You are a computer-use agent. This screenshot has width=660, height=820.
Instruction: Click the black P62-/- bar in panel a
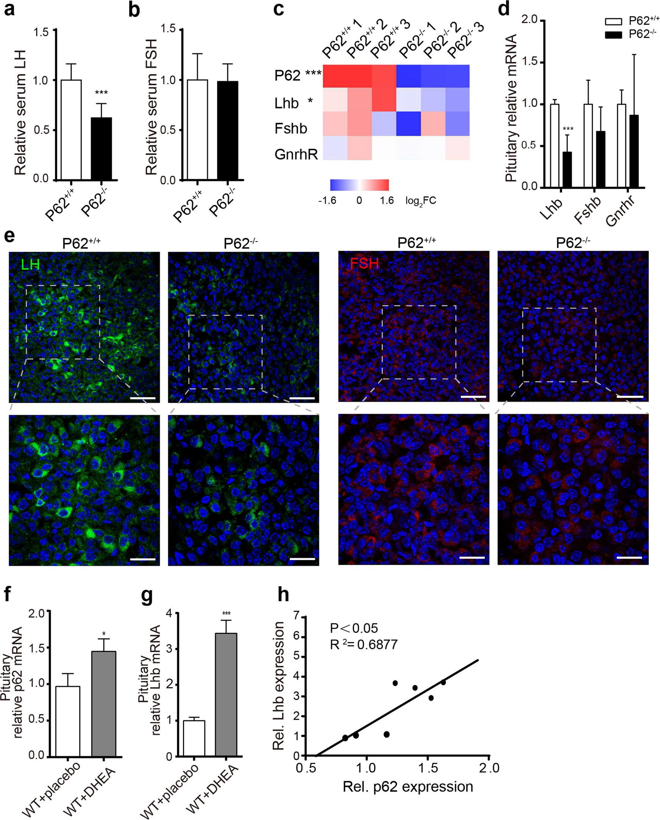tap(101, 148)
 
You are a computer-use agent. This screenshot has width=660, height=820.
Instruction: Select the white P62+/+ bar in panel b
tap(197, 129)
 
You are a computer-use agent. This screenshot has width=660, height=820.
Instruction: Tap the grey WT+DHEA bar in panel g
tap(226, 695)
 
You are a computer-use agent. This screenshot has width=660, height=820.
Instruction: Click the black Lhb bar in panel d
tap(567, 169)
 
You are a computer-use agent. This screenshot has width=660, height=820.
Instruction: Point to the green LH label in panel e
tap(30, 264)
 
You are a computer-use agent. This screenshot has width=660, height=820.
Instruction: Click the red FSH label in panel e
tap(364, 263)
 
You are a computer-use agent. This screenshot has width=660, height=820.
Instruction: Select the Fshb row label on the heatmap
tap(291, 128)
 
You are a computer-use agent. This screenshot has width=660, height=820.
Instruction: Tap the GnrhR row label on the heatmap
tap(296, 154)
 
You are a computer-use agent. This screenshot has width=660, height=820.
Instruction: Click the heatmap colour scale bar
tap(359, 185)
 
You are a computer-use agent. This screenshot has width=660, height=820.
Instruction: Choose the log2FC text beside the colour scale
tap(420, 201)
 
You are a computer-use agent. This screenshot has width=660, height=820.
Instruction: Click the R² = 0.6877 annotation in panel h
tap(364, 644)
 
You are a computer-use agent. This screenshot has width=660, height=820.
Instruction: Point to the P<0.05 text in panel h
tap(354, 628)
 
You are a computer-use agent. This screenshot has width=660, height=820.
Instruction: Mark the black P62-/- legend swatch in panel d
tap(613, 35)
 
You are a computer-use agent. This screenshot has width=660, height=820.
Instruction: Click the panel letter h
tap(283, 594)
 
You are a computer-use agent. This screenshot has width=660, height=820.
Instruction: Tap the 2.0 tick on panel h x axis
tap(488, 768)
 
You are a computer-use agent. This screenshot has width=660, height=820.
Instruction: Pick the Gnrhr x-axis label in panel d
tap(620, 211)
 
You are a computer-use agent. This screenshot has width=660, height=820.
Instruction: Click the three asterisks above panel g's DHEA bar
tap(226, 613)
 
